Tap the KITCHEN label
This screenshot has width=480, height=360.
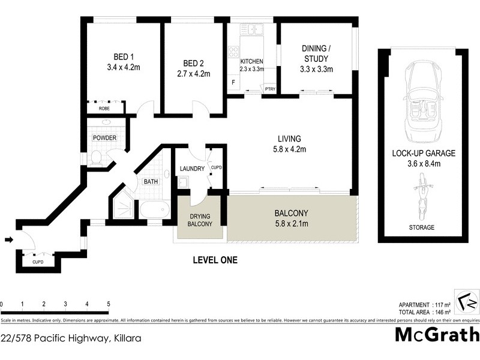[x=252, y=62]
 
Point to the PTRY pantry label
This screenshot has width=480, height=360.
[x=270, y=89]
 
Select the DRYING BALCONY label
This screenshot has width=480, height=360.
[x=200, y=220]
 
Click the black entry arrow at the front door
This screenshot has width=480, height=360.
[x=8, y=240]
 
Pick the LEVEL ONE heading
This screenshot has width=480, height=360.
[x=215, y=260]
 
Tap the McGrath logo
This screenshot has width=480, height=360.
[x=437, y=334]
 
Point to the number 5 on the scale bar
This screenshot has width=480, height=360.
[x=108, y=304]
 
